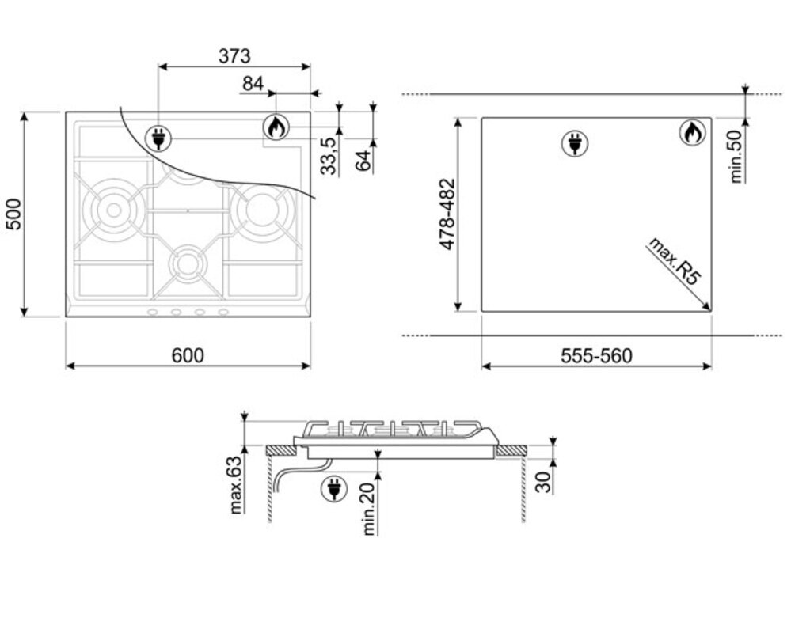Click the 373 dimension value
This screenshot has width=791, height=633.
click(x=234, y=56)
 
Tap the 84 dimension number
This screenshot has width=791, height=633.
click(x=253, y=84)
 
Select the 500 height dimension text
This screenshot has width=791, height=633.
click(x=13, y=214)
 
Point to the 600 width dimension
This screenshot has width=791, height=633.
click(x=188, y=356)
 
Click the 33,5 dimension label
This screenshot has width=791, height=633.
click(x=329, y=156)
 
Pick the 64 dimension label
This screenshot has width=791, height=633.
click(x=363, y=161)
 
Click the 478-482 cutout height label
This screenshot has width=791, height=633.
click(x=447, y=214)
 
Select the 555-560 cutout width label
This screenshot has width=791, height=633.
click(x=596, y=356)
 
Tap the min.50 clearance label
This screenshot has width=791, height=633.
click(x=736, y=157)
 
